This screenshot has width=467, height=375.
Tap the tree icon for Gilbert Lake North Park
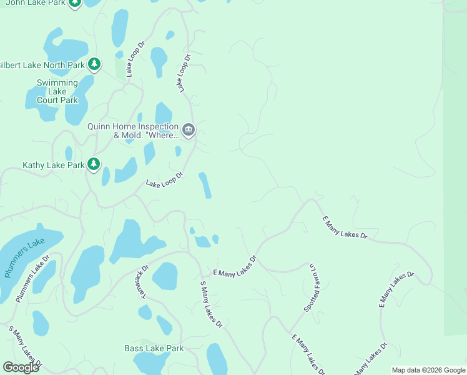(x=94, y=64)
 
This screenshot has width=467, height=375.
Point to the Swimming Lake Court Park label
(x=57, y=91)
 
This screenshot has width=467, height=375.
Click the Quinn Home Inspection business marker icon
(x=189, y=130)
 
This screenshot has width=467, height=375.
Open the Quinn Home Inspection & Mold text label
(x=133, y=131)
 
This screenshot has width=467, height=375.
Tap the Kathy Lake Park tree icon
(x=94, y=164)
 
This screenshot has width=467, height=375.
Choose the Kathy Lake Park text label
(x=53, y=165)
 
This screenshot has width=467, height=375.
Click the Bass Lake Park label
(x=154, y=348)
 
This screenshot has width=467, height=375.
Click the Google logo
(x=21, y=367)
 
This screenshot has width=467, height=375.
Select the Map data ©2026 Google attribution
(x=428, y=370)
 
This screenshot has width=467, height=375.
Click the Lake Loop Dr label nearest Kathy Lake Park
(x=164, y=180)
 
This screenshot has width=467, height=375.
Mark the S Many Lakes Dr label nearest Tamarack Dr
(x=211, y=304)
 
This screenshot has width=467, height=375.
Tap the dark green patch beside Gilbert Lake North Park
(x=119, y=65)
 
